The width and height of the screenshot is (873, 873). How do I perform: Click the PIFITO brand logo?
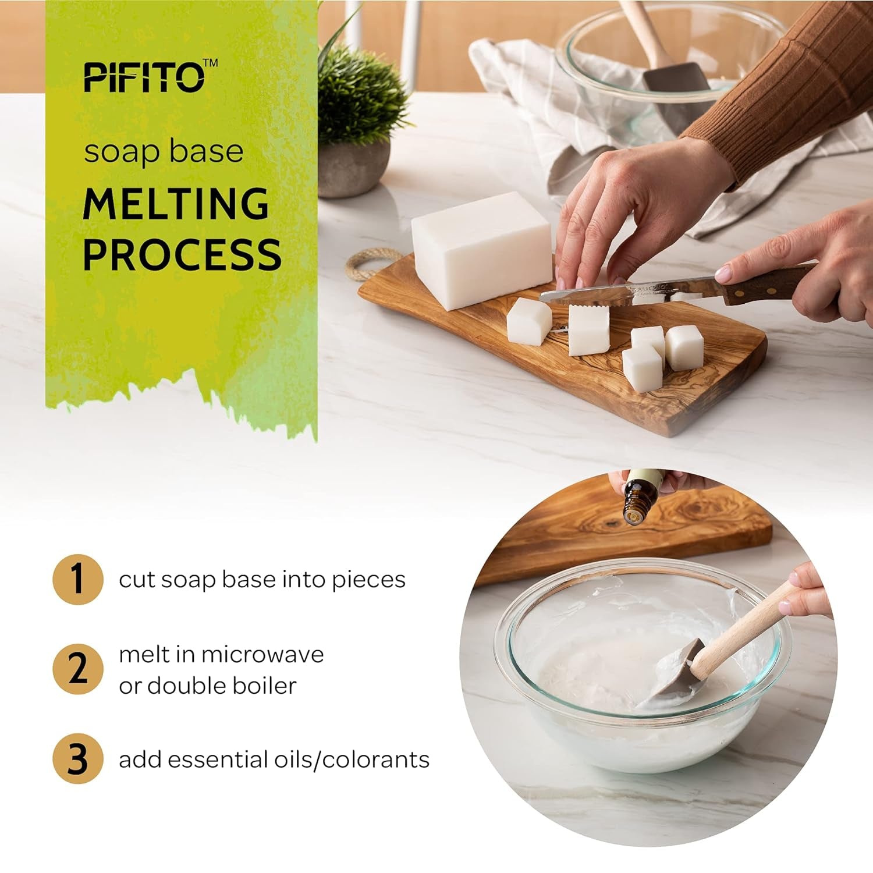(x=144, y=77)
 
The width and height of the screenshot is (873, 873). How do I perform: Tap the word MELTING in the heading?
(x=176, y=204)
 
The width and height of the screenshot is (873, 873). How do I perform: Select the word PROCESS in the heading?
(x=182, y=254)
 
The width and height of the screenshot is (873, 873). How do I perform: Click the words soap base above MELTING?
(x=164, y=151)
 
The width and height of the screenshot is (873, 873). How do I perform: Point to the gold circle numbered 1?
(x=77, y=580)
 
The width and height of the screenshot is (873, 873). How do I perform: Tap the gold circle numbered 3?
(x=77, y=760)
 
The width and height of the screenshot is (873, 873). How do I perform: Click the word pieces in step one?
(x=368, y=580)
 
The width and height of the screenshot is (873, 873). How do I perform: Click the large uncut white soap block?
(x=481, y=249)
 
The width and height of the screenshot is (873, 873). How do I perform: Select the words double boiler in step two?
(x=221, y=686)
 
